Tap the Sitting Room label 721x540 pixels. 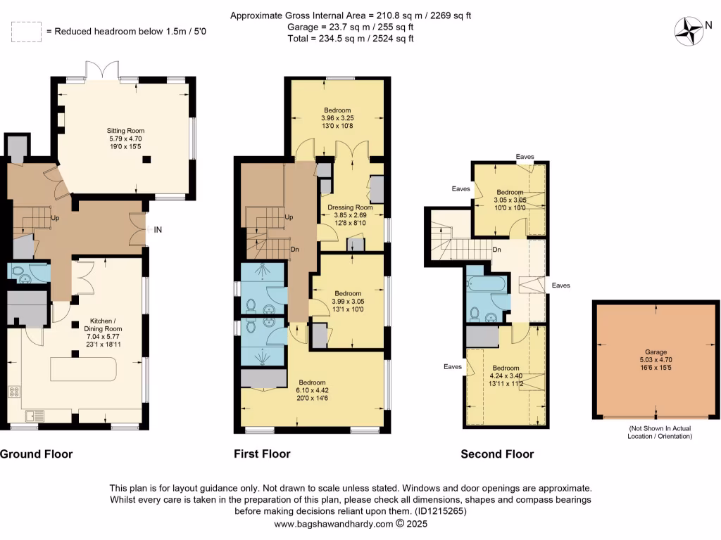tap(125, 131)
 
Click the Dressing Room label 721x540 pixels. tap(350, 207)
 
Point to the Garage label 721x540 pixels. tap(656, 352)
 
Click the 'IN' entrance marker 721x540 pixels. tap(158, 229)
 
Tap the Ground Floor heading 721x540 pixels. tap(36, 454)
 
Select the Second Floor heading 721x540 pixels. tap(496, 454)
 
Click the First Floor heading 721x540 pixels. tap(262, 454)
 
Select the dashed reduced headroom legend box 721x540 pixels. tap(25, 31)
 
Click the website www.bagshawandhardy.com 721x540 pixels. tap(333, 524)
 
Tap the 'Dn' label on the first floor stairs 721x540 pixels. tap(296, 249)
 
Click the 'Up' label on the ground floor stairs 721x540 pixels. tap(54, 219)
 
